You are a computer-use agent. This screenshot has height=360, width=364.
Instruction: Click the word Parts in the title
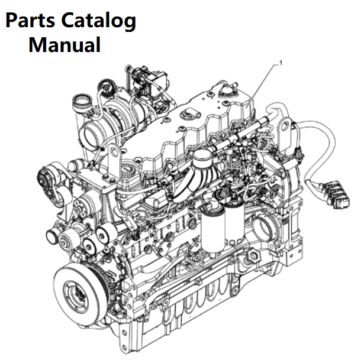point(30,21)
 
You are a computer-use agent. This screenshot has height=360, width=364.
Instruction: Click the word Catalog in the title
point(98,21)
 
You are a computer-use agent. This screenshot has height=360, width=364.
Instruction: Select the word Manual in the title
point(65,44)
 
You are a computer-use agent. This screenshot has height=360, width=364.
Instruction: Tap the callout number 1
point(281,63)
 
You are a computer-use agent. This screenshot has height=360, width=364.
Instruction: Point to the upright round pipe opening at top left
point(82,101)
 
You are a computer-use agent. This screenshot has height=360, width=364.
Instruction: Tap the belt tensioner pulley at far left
point(45,180)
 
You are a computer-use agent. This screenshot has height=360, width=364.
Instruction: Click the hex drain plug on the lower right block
point(254,257)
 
